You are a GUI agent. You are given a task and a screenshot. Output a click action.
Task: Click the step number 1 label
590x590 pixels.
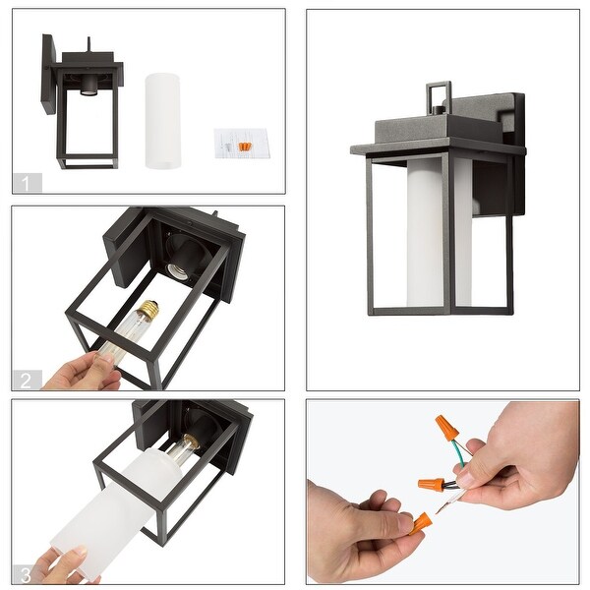pyautogui.click(x=26, y=183)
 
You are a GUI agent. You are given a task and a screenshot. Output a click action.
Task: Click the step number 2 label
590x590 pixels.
pyautogui.click(x=26, y=381)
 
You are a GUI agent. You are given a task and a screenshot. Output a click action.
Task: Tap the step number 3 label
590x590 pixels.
pyautogui.click(x=26, y=575)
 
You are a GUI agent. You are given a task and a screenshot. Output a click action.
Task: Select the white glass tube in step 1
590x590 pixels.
pyautogui.click(x=162, y=121)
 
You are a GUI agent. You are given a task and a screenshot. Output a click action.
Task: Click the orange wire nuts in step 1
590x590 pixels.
pyautogui.click(x=244, y=147)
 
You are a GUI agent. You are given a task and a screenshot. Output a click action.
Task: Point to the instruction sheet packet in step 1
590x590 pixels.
pyautogui.click(x=242, y=144)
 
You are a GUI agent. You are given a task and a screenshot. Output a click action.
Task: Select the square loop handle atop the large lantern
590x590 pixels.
pyautogui.click(x=439, y=96)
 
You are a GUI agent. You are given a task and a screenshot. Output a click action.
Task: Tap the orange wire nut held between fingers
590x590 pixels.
pyautogui.click(x=421, y=521)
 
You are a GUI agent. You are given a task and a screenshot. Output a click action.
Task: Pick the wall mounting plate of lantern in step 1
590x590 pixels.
pyautogui.click(x=48, y=74)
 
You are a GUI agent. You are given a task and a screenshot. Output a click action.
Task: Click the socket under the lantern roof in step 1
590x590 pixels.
pyautogui.click(x=88, y=88)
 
